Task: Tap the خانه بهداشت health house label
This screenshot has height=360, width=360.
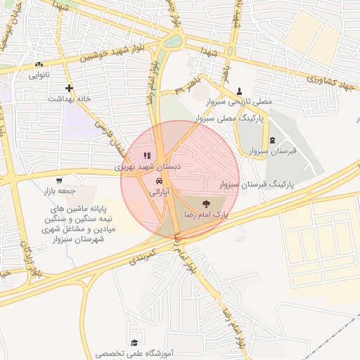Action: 70,99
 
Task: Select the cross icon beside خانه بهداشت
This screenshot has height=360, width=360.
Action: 69,88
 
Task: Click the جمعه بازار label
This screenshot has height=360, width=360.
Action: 56,191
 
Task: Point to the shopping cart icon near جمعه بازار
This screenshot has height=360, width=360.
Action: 58,181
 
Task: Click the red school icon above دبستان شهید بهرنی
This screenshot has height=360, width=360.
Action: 146,156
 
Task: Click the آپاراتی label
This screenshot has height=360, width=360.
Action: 155,191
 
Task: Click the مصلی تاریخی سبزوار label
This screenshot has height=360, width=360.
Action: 240,103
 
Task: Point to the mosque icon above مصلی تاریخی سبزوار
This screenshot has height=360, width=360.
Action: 240,91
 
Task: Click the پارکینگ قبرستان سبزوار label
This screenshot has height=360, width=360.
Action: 256,184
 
